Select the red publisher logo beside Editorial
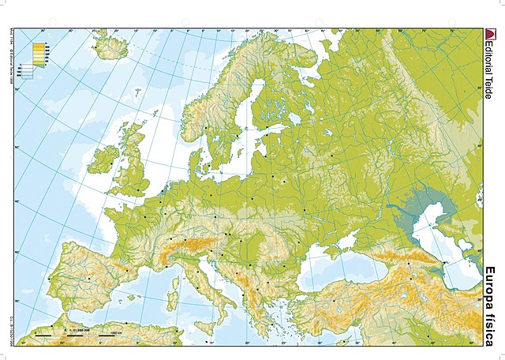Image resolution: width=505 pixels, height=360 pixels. (490, 33)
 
